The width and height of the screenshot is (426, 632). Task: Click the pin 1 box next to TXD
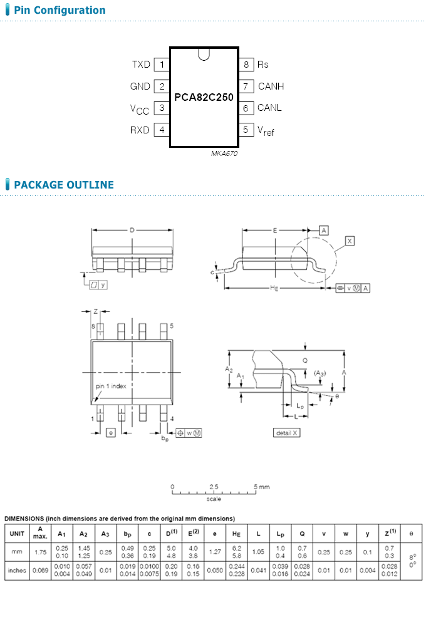pos(162,65)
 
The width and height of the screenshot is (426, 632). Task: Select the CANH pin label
pos(271,86)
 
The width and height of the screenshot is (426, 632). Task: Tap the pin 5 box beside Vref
pos(246,130)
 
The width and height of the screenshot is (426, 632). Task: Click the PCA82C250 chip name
pos(204,98)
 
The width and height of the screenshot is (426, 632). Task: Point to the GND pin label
pos(140,86)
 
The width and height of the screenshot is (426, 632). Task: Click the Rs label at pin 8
pos(263,65)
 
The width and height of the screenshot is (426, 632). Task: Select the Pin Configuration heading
pos(60,10)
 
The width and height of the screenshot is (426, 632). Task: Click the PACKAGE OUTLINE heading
pos(64,185)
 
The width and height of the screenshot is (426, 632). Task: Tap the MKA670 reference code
pos(224,153)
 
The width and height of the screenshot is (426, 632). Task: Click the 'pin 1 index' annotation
pos(111,386)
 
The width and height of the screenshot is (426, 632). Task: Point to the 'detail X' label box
pos(288,433)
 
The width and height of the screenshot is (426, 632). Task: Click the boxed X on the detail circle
pos(350,241)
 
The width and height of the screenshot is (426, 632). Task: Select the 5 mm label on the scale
pos(262,487)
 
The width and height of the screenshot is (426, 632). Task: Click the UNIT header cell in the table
pos(17,534)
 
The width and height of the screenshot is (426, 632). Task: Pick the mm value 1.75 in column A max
pos(40,552)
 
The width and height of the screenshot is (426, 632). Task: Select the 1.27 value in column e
pos(215,552)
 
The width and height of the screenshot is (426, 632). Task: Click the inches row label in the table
pos(17,571)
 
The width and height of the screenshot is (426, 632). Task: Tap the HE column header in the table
pos(237,534)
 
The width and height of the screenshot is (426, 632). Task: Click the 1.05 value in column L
pos(258,552)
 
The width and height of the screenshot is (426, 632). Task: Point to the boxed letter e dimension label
pos(111,433)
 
